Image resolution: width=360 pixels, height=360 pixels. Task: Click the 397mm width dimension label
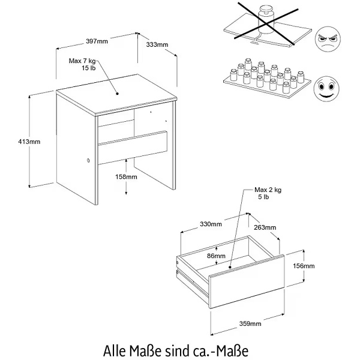(97, 41)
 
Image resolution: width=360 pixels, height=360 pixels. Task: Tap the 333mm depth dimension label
(157, 44)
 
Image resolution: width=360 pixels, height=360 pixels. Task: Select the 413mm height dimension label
(29, 142)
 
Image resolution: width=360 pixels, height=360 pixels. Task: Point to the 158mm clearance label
(126, 177)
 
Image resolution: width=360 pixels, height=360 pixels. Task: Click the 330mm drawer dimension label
(211, 224)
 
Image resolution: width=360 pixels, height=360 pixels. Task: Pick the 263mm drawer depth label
(265, 227)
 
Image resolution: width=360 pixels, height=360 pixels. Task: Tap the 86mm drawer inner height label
(216, 256)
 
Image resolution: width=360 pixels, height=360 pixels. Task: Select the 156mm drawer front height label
(304, 266)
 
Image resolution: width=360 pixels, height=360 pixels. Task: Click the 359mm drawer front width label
(250, 324)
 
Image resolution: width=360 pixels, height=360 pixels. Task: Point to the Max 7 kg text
(82, 61)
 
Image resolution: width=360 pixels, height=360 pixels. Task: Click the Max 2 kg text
(268, 190)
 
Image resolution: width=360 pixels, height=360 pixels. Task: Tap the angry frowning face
(328, 38)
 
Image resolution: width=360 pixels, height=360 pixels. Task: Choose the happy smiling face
(326, 89)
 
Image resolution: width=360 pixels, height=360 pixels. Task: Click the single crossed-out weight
(266, 20)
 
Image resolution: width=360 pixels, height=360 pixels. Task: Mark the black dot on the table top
(117, 94)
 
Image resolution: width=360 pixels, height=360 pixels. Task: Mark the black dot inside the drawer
(230, 267)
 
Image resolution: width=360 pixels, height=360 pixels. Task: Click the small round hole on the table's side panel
(88, 160)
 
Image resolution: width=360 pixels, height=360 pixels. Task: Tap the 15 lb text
(89, 68)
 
